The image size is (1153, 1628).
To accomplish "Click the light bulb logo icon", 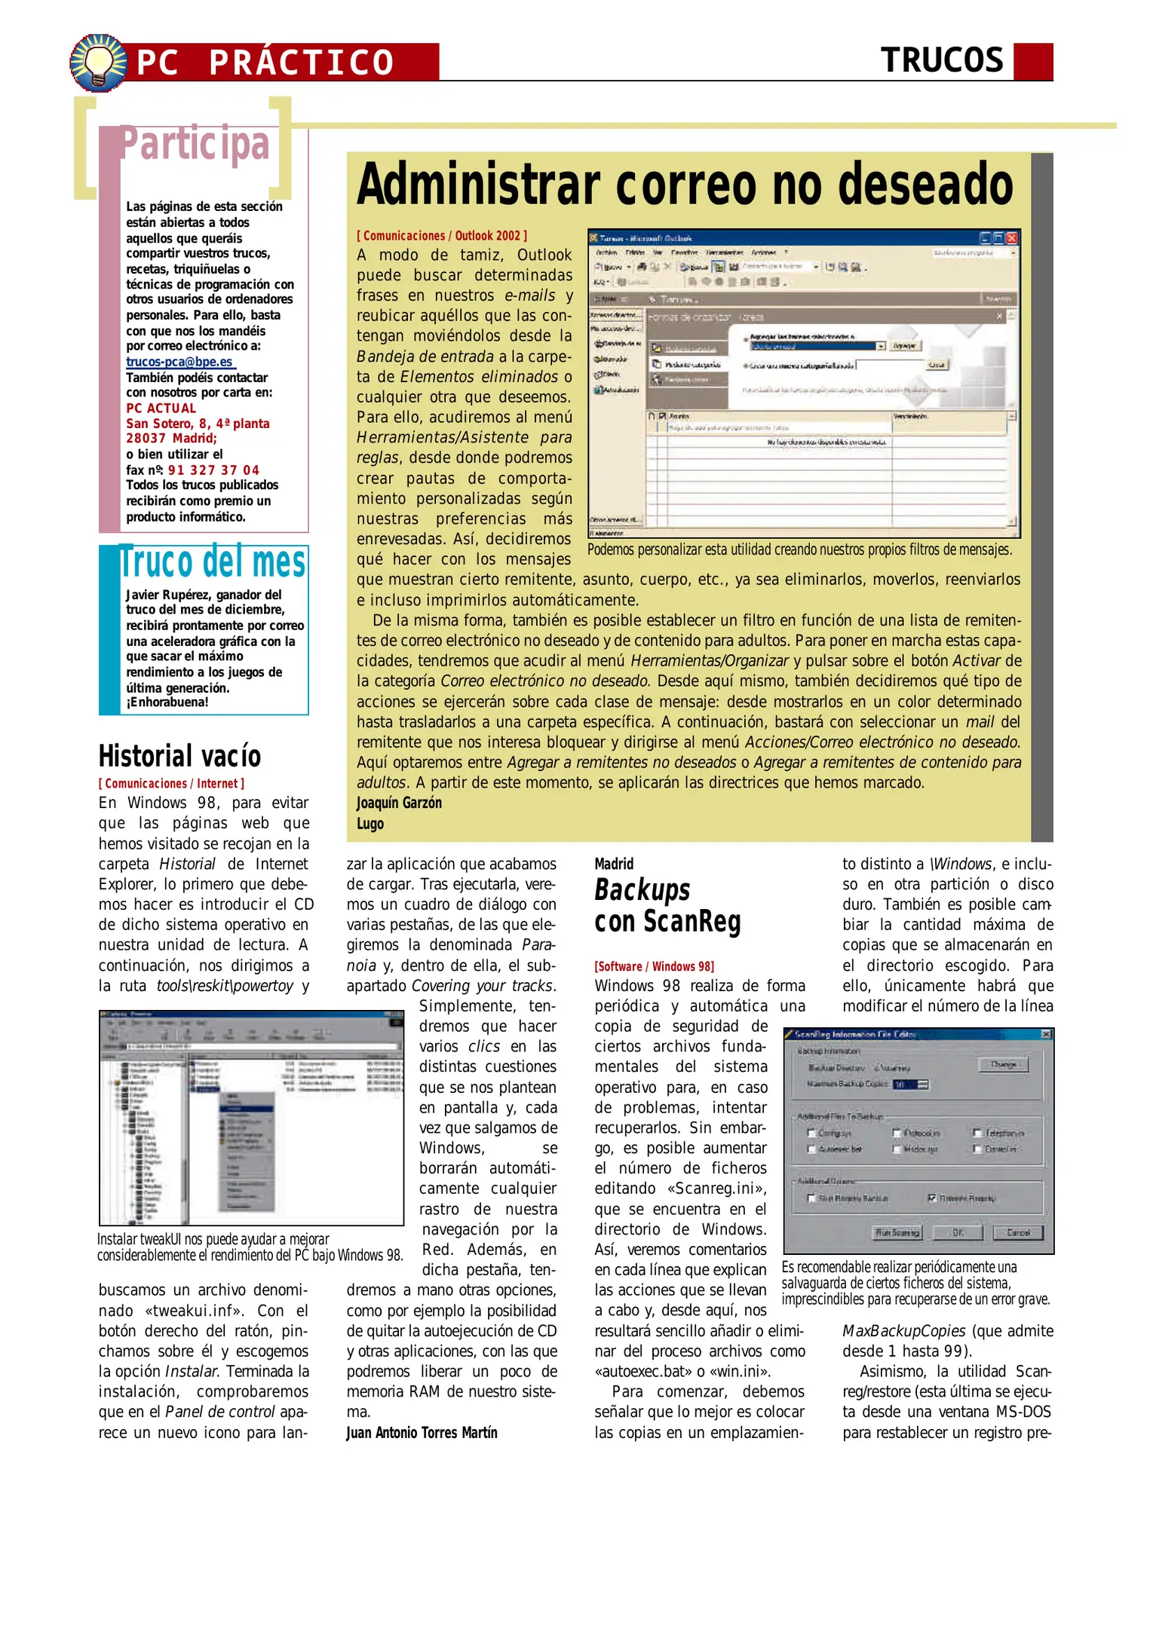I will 98,63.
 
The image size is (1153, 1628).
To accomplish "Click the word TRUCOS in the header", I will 942,61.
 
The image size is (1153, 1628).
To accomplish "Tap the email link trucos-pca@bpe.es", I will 179,362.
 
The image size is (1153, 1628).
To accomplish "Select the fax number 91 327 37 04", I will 213,470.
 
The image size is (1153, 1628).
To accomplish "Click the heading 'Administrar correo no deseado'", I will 685,184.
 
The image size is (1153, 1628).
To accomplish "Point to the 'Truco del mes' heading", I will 213,562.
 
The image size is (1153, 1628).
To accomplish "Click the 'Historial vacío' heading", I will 179,756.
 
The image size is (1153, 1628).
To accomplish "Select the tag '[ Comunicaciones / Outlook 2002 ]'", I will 442,236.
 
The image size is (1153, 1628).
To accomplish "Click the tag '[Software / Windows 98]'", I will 654,966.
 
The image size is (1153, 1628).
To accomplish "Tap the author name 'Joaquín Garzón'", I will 399,803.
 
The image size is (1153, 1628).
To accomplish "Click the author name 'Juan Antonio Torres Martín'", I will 422,1432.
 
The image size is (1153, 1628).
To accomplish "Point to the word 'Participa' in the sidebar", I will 195,144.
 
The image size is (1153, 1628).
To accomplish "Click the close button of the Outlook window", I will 1011,238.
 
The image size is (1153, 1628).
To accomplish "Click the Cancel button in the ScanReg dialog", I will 1017,1232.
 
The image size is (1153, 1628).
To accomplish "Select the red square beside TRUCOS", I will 1032,62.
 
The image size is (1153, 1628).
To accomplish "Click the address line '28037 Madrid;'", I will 171,439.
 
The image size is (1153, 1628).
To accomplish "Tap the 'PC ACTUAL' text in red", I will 161,408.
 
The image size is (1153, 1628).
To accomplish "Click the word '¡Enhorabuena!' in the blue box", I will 167,702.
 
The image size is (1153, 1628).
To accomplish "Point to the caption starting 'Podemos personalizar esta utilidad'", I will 799,549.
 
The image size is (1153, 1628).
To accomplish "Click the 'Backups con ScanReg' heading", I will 667,905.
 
